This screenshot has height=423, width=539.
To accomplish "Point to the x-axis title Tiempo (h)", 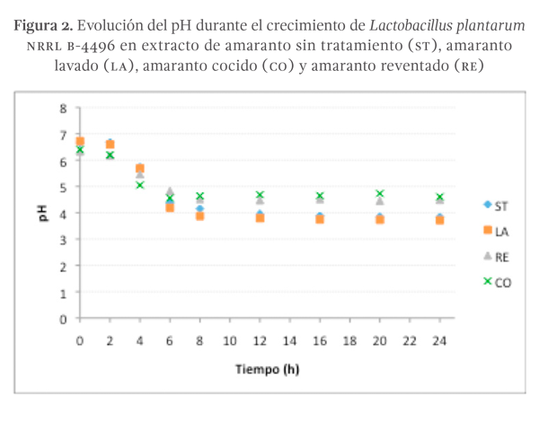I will click(x=267, y=368).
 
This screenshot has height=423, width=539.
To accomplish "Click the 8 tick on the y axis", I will click(x=63, y=110).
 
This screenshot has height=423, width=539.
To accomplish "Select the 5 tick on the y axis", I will click(x=63, y=189).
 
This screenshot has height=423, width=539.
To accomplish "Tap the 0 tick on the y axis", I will click(x=63, y=319).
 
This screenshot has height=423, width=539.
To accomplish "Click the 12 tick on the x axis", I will click(x=260, y=341).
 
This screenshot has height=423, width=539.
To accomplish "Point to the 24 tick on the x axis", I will click(x=439, y=341).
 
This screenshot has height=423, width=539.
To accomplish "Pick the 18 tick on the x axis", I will click(x=349, y=341).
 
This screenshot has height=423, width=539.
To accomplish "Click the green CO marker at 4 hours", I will click(x=140, y=185).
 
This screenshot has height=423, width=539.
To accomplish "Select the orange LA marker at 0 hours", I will click(x=80, y=142).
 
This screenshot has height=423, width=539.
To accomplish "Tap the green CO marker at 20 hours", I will click(x=380, y=194).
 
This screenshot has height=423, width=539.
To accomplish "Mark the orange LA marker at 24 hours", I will click(x=439, y=219).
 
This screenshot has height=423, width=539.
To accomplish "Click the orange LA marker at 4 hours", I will click(x=140, y=168).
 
